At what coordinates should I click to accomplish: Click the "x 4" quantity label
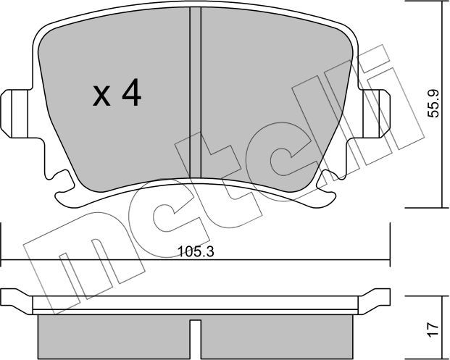click(116, 95)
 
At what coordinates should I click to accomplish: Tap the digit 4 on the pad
click(130, 94)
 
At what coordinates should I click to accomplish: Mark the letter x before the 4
click(102, 96)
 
